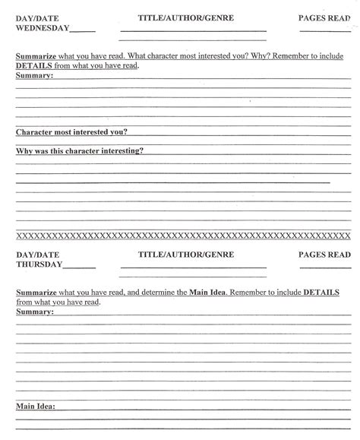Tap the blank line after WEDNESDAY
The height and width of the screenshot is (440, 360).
pos(83,32)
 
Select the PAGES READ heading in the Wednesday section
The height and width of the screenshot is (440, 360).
pos(324,16)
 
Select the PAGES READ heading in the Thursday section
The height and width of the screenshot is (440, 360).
pos(324,253)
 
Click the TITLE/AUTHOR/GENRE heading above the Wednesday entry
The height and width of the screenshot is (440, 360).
pos(186,16)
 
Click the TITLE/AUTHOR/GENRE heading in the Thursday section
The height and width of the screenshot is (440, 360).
pos(186,253)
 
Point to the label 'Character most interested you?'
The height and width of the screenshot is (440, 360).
pos(71,131)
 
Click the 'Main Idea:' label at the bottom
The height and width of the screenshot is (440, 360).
pos(40,406)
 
